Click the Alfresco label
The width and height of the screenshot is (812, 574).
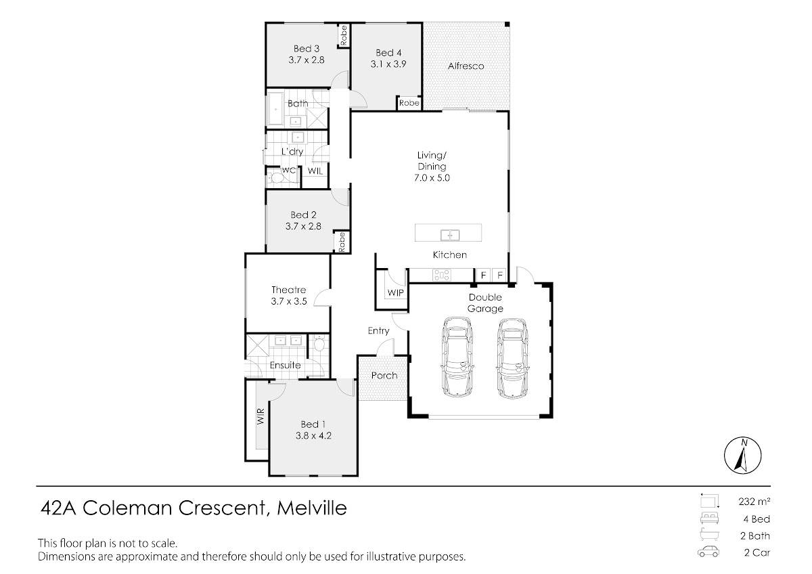click(x=466, y=66)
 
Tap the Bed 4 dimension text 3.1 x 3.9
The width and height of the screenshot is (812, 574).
click(x=388, y=64)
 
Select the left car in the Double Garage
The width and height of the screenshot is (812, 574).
click(x=457, y=357)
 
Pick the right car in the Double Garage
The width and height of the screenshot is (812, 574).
click(x=513, y=358)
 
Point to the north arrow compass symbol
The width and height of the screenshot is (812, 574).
click(x=743, y=456)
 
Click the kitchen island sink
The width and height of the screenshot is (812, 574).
click(x=450, y=235)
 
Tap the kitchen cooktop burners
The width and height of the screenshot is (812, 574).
click(x=441, y=275)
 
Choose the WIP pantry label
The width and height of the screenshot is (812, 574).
click(x=395, y=292)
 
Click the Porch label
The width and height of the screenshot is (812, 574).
click(x=384, y=376)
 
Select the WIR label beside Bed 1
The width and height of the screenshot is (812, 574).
click(x=261, y=416)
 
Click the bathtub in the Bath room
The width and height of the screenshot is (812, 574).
click(x=276, y=109)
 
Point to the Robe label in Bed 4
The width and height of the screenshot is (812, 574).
click(x=409, y=103)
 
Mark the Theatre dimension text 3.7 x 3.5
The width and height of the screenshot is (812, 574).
click(x=289, y=301)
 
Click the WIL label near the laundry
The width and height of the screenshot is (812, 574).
click(x=315, y=171)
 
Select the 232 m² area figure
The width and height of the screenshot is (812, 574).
click(x=754, y=502)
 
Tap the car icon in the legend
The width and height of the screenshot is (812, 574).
click(x=708, y=552)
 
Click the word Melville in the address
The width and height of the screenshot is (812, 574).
click(x=312, y=508)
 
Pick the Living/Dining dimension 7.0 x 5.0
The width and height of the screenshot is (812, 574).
click(x=432, y=178)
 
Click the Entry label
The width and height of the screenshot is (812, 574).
click(x=378, y=331)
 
